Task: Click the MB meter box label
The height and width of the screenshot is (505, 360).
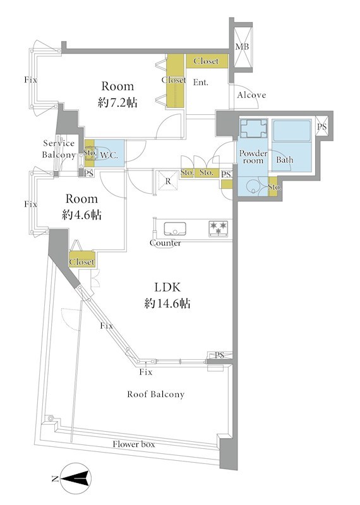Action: tap(242, 47)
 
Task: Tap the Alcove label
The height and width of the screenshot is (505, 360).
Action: tap(252, 95)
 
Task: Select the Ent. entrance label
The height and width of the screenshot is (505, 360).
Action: tap(200, 83)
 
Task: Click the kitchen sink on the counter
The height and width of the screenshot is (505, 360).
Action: tap(175, 229)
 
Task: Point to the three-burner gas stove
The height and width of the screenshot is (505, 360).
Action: tap(219, 229)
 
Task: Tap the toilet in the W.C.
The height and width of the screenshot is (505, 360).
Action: tap(89, 153)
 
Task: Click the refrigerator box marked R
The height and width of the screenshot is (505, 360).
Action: tap(168, 181)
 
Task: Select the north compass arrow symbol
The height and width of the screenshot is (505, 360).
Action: tap(76, 478)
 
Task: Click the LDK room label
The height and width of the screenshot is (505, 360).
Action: tap(167, 287)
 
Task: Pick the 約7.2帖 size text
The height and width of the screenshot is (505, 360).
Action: tap(117, 103)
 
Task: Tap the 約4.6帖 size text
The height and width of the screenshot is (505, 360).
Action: tap(81, 215)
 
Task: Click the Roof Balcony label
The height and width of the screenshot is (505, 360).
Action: tap(155, 394)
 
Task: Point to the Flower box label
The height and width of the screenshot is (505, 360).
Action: tap(134, 444)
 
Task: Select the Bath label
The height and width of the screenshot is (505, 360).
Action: tap(285, 160)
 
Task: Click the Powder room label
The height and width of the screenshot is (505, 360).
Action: tap(253, 157)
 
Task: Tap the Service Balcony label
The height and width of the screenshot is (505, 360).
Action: tap(59, 149)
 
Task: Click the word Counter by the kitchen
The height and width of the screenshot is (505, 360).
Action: tap(165, 243)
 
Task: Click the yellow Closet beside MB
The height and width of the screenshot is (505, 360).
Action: tap(207, 61)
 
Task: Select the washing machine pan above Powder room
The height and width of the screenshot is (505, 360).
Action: tap(254, 129)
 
